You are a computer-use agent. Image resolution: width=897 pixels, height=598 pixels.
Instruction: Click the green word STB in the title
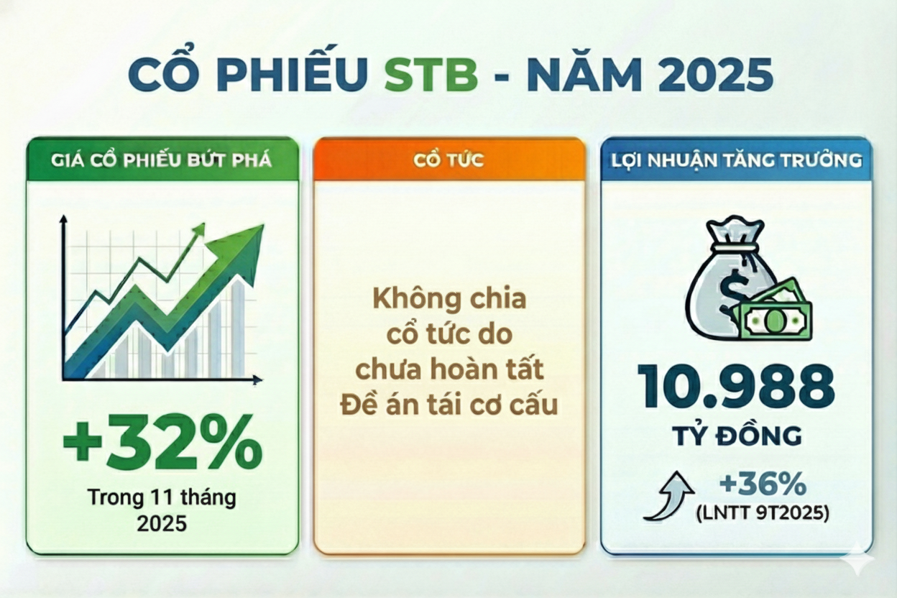(x=431, y=75)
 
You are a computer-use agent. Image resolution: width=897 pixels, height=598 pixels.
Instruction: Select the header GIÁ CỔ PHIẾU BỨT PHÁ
(x=162, y=160)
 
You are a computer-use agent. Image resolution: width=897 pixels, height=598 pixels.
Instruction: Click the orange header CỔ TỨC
(x=448, y=160)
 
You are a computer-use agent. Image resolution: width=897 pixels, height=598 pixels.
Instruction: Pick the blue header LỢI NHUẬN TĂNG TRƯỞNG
(x=735, y=160)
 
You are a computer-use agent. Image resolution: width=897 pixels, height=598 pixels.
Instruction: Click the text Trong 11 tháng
(x=162, y=497)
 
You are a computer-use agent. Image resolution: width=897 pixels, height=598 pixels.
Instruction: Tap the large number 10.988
(x=735, y=387)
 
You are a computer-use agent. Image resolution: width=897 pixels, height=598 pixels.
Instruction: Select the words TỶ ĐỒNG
(x=735, y=436)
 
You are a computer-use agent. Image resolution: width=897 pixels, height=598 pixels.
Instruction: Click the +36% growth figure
(x=763, y=486)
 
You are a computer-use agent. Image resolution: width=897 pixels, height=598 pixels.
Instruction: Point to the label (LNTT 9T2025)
(x=763, y=513)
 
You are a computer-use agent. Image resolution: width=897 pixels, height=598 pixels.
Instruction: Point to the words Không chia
(x=448, y=298)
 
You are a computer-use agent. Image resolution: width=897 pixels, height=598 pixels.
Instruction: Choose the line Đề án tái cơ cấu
(x=448, y=405)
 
